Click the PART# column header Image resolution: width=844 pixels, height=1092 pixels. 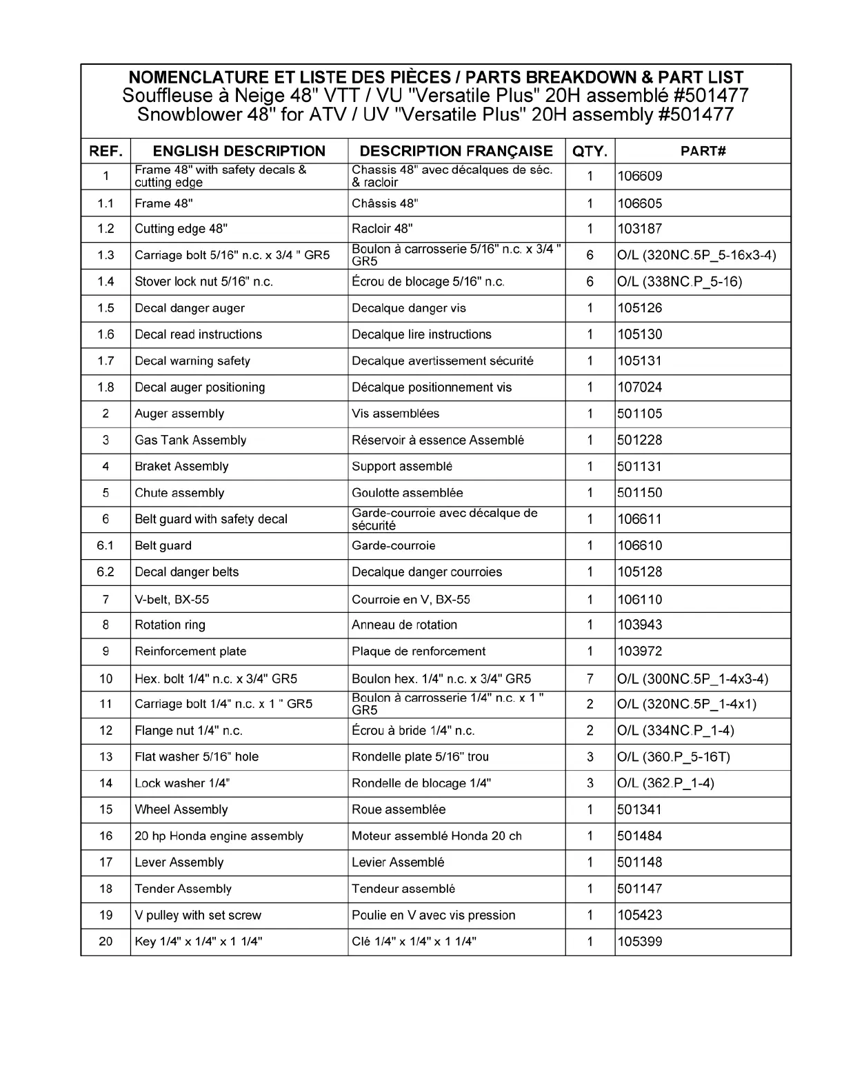coord(703,151)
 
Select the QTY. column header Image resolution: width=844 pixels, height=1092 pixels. coord(590,151)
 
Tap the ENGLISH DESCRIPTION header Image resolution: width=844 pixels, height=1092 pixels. coord(239,151)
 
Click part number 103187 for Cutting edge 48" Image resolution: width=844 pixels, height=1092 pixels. coord(639,229)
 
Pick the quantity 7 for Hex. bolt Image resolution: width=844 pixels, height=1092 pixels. coord(590,678)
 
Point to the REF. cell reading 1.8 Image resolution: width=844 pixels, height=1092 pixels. coord(105,387)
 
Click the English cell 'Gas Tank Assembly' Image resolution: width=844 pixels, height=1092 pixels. coord(190,440)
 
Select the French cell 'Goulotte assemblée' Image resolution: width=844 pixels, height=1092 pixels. coord(407,493)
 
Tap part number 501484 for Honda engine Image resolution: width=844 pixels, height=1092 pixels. coord(639,836)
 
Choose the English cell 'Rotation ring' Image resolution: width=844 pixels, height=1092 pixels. coord(170,625)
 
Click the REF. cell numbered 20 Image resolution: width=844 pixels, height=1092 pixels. coord(105,942)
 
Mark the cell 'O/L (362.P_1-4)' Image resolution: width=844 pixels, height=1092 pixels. coord(665,783)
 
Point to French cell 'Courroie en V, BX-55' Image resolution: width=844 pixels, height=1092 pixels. coord(410,600)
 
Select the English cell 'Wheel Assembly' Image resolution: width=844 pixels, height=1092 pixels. coord(181,809)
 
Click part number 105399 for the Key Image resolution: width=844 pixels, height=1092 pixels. coord(639,942)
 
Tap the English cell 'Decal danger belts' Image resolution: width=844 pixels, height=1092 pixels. coord(186,572)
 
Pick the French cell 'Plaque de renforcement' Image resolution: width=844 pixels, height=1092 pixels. coord(418,651)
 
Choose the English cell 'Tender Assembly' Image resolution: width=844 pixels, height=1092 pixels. coord(183,889)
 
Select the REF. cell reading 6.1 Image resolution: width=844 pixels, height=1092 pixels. coord(105,546)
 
